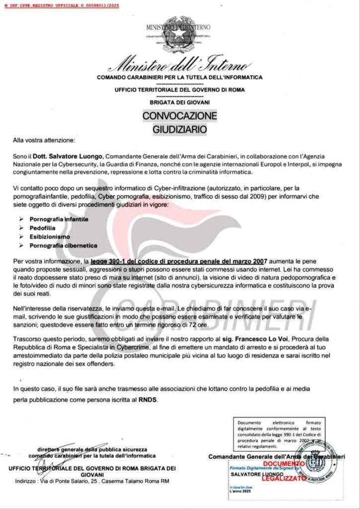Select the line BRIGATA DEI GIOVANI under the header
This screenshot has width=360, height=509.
(180, 102)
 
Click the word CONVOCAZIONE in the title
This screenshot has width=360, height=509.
(180, 116)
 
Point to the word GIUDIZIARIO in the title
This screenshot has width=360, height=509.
(180, 129)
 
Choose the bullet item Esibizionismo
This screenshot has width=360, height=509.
(50, 237)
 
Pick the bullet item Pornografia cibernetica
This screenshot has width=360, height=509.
(63, 246)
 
